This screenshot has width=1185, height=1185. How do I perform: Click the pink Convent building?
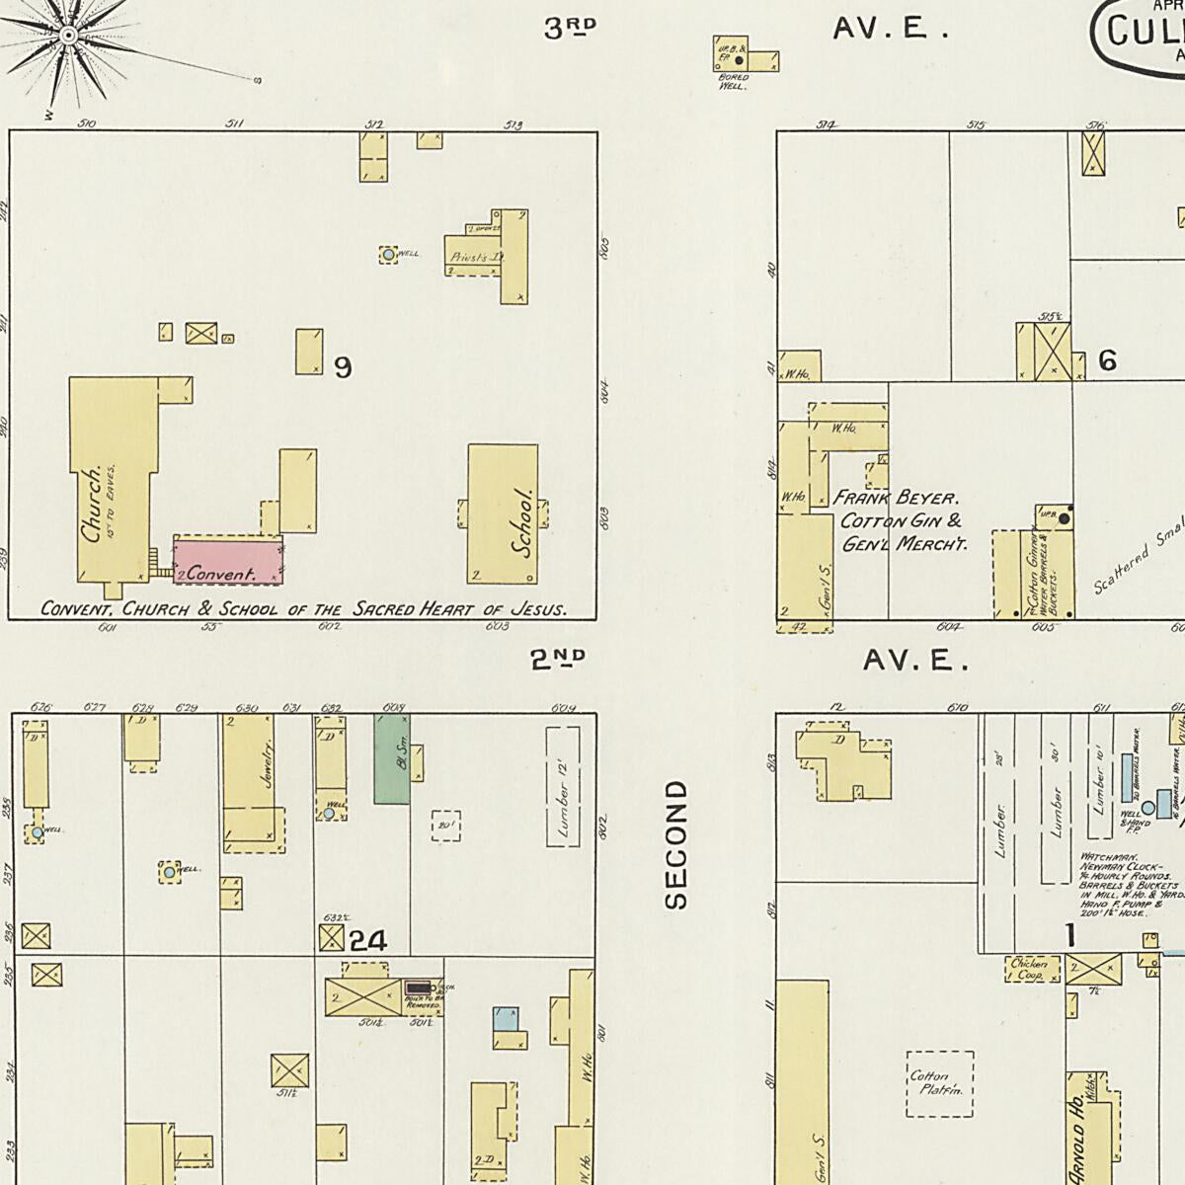tap(228, 560)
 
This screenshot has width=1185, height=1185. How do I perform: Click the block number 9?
tap(343, 368)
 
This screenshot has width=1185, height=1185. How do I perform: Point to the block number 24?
tap(367, 942)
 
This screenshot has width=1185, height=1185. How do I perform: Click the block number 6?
tap(1108, 361)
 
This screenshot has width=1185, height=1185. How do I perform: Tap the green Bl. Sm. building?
tap(391, 758)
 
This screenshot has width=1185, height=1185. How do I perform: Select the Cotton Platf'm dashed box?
tap(939, 1083)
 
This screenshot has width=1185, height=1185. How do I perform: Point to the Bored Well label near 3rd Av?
tap(734, 81)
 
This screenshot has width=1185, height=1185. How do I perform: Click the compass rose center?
tap(69, 37)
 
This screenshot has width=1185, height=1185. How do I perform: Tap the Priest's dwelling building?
tap(475, 256)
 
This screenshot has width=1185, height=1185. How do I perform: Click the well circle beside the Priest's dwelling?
tap(389, 255)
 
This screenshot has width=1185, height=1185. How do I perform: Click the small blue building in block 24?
tap(506, 1019)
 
